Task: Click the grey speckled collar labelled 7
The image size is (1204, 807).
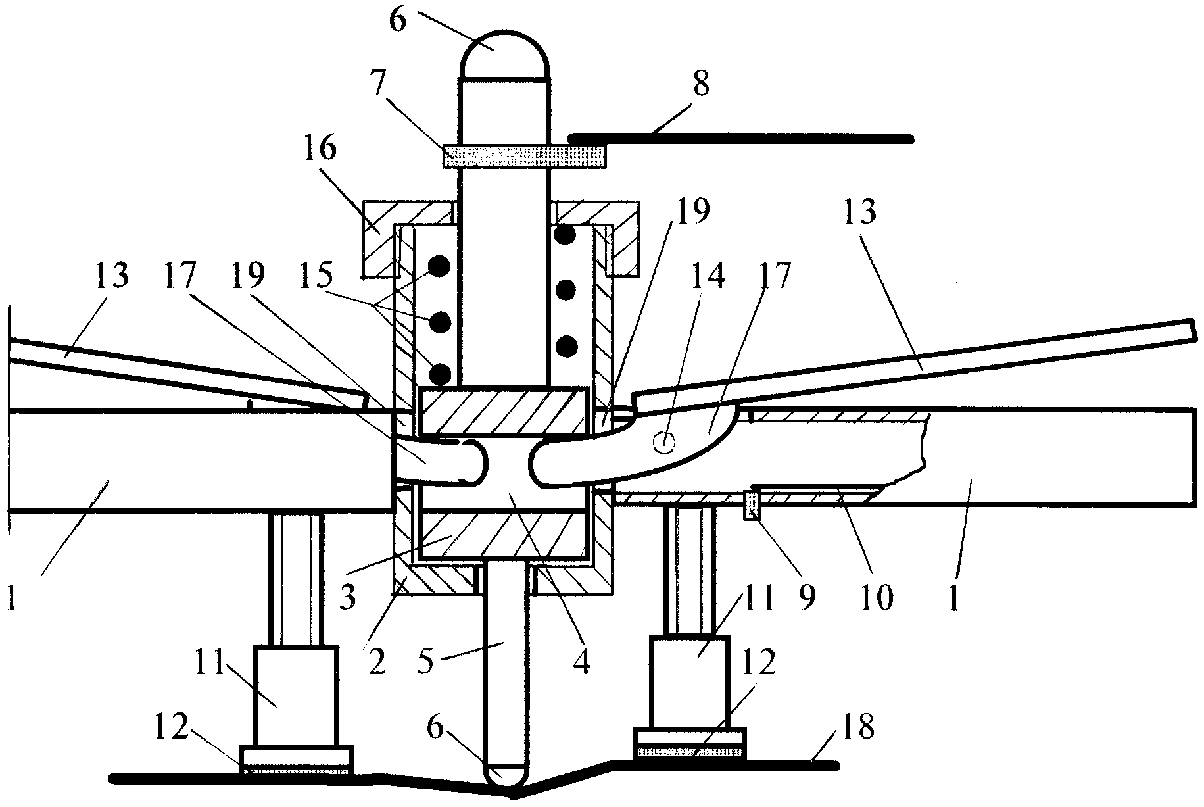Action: tap(523, 157)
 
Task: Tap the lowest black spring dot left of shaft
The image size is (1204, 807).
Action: tap(439, 374)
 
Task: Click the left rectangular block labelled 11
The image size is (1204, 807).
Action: tap(296, 696)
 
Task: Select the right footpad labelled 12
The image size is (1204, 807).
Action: tap(689, 743)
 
